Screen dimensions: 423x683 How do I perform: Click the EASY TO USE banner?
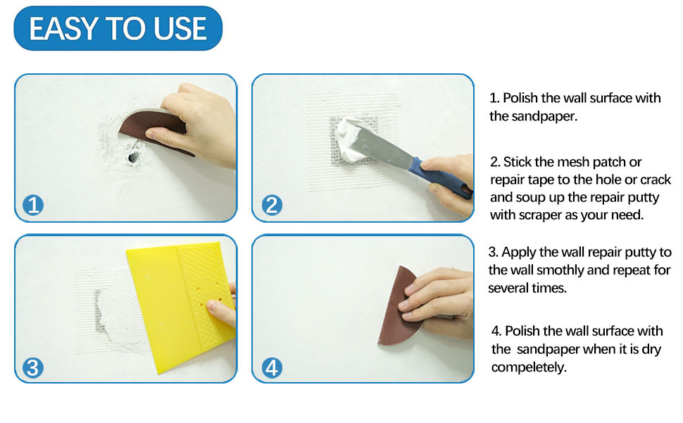118,29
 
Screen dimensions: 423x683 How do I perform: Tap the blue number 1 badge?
33,205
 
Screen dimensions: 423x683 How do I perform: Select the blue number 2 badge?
272,205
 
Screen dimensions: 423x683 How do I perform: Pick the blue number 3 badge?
33,367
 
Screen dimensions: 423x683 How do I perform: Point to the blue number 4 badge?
272,367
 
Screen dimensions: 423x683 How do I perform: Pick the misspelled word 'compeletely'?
529,367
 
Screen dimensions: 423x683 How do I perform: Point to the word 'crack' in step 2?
656,180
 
